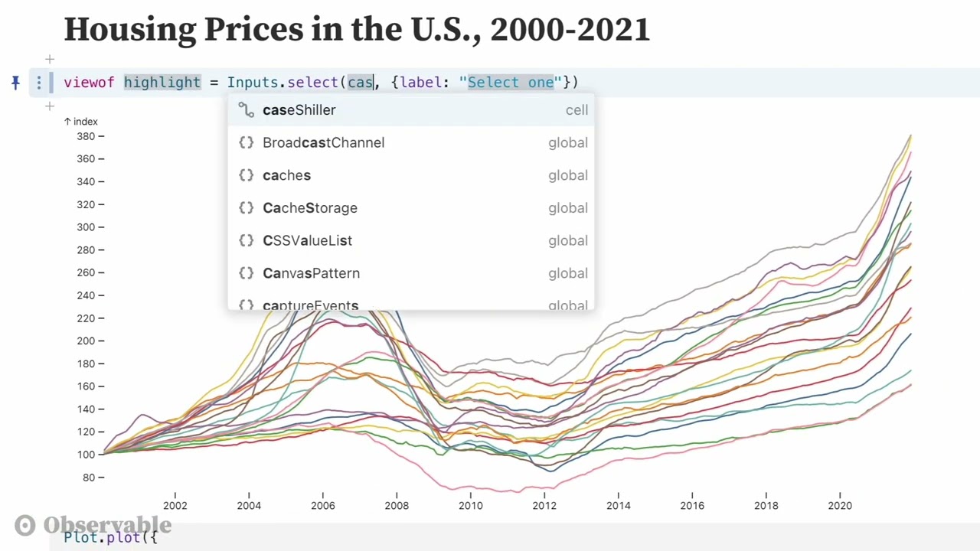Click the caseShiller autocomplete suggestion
[x=299, y=110]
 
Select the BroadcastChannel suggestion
[x=323, y=142]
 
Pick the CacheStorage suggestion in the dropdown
[x=309, y=208]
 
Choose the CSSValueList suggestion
[x=307, y=240]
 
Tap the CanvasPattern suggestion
[x=311, y=273]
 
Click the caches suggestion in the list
[x=286, y=175]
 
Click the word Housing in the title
[x=129, y=29]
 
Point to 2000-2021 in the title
[x=570, y=29]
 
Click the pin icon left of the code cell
[x=15, y=82]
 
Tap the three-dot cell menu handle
[x=39, y=83]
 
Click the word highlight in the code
[x=162, y=83]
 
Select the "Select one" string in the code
[x=510, y=83]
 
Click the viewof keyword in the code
[x=89, y=83]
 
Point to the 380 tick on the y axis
[x=86, y=136]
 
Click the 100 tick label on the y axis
[x=86, y=455]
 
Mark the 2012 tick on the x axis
[x=544, y=505]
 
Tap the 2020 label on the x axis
[x=840, y=505]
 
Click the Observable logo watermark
[x=93, y=525]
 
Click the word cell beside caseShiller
[x=577, y=110]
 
